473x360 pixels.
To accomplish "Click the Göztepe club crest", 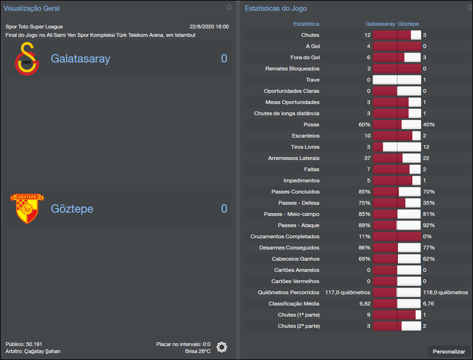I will (27, 209).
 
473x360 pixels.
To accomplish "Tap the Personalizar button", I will (449, 351).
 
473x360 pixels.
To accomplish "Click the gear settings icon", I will (222, 347).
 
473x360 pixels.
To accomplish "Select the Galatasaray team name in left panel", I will (80, 59).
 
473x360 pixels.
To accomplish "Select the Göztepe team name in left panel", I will (72, 209).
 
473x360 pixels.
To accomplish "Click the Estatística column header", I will (306, 24).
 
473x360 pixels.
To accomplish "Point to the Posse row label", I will (311, 125).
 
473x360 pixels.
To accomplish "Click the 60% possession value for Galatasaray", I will (364, 125).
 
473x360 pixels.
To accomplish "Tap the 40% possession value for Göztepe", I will (429, 125).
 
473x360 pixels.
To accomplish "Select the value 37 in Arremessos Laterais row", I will (367, 158).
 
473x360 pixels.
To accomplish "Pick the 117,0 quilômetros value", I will (348, 293).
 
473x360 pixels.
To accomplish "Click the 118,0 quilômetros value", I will (445, 293).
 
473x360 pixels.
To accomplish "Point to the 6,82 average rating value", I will (364, 304).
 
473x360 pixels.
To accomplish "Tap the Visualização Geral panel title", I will (31, 8).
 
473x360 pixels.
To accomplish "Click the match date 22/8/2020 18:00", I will (209, 27).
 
